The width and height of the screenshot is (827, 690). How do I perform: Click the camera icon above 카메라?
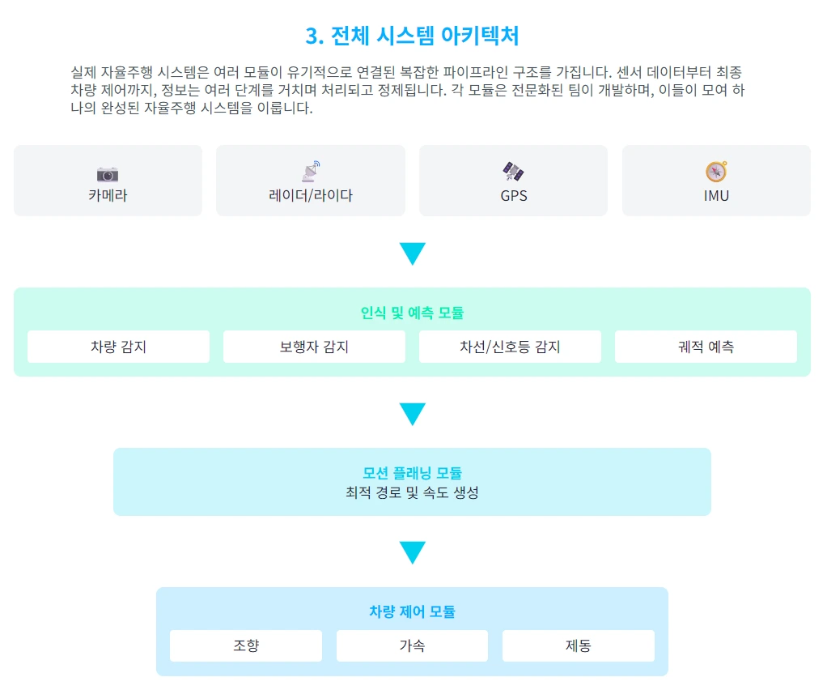pos(108,173)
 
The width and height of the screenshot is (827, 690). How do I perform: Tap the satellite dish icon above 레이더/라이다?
pos(311,172)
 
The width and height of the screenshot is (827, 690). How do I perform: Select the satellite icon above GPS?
pos(513,172)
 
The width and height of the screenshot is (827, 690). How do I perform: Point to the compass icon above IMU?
pos(716,172)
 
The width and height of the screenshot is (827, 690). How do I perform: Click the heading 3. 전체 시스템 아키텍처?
pos(413,36)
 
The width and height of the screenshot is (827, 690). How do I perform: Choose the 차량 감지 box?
pos(118,347)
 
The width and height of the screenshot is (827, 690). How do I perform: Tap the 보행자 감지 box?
pos(314,347)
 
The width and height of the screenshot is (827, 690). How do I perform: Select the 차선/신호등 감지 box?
pos(510,347)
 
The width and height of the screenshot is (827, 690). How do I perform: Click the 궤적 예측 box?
pos(706,347)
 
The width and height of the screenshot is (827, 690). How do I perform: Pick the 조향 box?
pos(246,645)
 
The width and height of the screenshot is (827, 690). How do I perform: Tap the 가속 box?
pos(412,645)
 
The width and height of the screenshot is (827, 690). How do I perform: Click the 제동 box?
pos(579,645)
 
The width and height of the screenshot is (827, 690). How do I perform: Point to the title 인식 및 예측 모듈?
pos(412,313)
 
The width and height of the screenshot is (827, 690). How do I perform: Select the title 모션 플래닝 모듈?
pos(412,473)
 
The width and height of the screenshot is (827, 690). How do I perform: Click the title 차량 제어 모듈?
pos(412,611)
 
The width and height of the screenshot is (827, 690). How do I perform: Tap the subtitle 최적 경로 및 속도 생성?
pos(412,492)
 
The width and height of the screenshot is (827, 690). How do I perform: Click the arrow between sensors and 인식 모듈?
pos(412,253)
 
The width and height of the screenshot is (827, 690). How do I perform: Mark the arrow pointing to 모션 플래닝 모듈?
pos(412,414)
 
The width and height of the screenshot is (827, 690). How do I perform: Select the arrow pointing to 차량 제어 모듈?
pos(412,552)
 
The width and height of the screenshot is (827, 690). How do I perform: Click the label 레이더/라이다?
pos(311,195)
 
